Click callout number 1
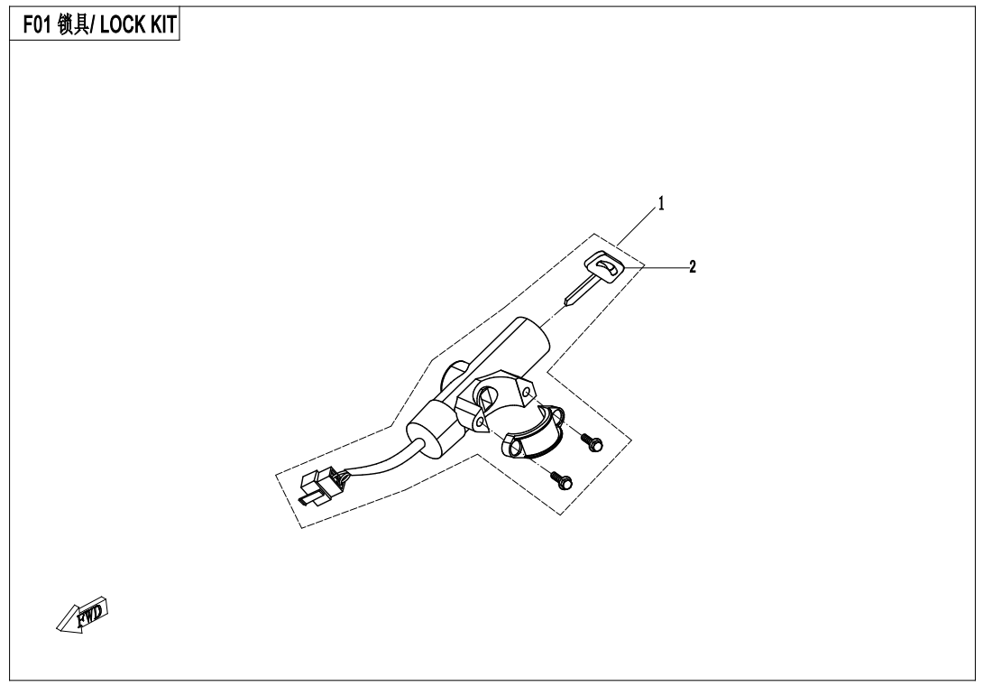click(661, 204)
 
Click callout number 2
click(692, 267)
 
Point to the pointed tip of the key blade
click(566, 302)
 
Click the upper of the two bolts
click(592, 442)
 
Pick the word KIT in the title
click(164, 25)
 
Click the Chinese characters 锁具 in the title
click(73, 25)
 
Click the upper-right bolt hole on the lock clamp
click(528, 394)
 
